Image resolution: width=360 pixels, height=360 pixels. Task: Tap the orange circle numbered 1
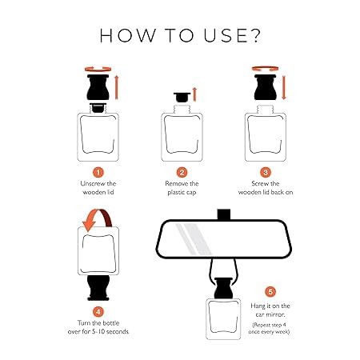click(98, 172)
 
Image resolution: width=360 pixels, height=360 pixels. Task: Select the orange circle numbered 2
click(182, 172)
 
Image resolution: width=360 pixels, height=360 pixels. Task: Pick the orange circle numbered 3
click(266, 172)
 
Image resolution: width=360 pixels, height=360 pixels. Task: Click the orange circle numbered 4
click(98, 311)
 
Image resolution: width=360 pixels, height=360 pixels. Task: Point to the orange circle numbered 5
click(270, 291)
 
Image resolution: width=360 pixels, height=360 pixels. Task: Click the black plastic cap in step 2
click(182, 97)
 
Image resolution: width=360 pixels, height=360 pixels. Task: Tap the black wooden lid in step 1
click(98, 87)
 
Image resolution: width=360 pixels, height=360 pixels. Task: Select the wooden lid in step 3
click(266, 87)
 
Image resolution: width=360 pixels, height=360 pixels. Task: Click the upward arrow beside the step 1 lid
click(116, 87)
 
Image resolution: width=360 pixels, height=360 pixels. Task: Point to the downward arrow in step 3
click(284, 87)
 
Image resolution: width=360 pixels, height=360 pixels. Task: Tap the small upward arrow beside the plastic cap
click(194, 94)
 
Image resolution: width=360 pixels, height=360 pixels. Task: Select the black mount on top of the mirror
click(223, 214)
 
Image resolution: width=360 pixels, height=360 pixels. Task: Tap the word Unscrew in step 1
click(90, 183)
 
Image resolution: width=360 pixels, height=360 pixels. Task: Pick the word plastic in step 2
click(174, 193)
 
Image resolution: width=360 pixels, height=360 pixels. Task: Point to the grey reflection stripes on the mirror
click(194, 239)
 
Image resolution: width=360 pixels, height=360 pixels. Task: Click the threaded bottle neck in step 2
click(182, 110)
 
